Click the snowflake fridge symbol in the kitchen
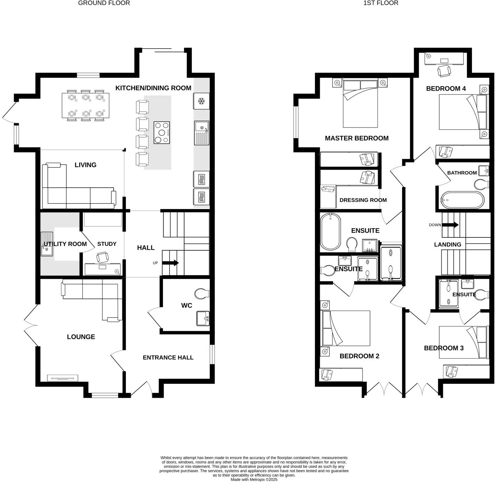click(201, 101)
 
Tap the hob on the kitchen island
click(161, 132)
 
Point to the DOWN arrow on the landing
click(450, 225)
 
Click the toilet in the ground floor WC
click(202, 294)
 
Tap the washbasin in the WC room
click(203, 318)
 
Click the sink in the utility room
click(47, 244)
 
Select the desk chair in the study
click(102, 257)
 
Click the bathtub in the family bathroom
click(462, 200)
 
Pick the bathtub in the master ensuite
click(331, 231)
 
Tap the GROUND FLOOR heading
click(104, 3)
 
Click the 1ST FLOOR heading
click(381, 3)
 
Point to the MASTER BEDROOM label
click(357, 138)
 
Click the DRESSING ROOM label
click(363, 200)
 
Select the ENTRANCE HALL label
click(168, 358)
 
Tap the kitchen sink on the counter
click(202, 133)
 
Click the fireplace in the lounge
click(63, 378)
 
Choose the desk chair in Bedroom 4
click(444, 71)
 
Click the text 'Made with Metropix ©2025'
click(254, 480)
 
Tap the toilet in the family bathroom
click(481, 184)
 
